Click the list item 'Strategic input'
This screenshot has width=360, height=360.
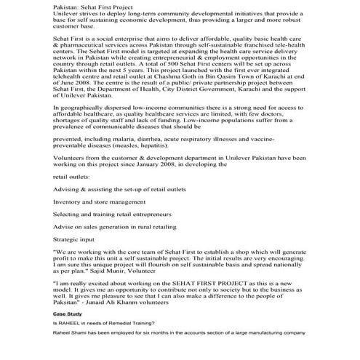(x=76, y=239)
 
